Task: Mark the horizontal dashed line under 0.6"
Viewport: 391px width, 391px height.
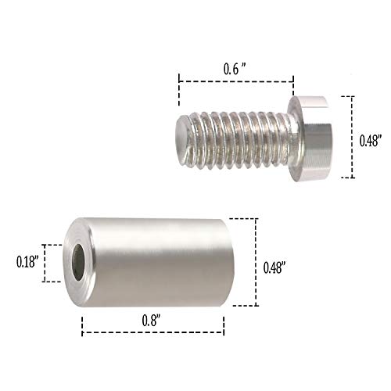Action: coord(235,79)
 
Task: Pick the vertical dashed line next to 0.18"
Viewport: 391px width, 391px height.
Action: coord(45,264)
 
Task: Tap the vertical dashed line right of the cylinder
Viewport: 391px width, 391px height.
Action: coord(256,262)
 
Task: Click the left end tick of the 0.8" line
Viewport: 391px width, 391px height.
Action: coord(82,331)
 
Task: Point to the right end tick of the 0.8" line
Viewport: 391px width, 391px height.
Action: coord(224,331)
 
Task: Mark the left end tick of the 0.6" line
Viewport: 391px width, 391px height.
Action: coord(179,79)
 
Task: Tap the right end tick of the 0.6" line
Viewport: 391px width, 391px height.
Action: coord(292,79)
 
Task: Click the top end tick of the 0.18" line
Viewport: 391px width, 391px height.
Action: coord(52,244)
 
